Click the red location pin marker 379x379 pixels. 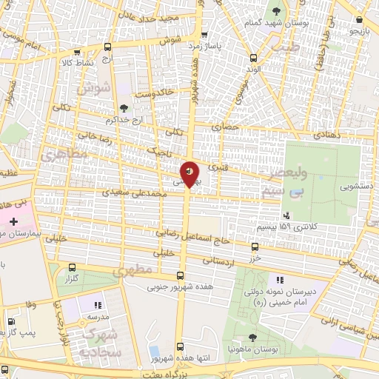[x=189, y=174]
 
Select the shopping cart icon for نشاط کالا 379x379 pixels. [x=78, y=52]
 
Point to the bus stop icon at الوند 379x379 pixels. [x=254, y=58]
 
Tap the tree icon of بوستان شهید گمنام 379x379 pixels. [x=277, y=11]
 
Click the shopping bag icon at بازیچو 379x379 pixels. [x=359, y=20]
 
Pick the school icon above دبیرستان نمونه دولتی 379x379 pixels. [x=279, y=280]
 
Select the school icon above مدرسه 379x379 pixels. [x=97, y=304]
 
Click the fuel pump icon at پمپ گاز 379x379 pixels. [x=10, y=323]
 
